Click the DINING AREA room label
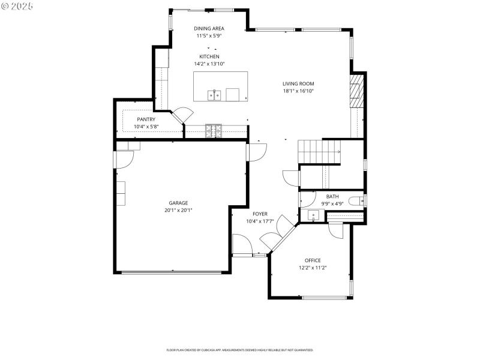(209, 28)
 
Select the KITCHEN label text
(209, 56)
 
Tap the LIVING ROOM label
(298, 84)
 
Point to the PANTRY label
(146, 119)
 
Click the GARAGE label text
(178, 203)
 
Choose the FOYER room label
(260, 214)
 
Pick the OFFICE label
(313, 260)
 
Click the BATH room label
(332, 196)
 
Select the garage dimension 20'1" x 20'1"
(178, 211)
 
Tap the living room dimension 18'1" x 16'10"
(298, 91)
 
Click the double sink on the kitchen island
(215, 94)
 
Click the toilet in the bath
(358, 201)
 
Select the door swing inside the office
(335, 230)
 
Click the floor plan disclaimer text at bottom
(239, 350)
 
